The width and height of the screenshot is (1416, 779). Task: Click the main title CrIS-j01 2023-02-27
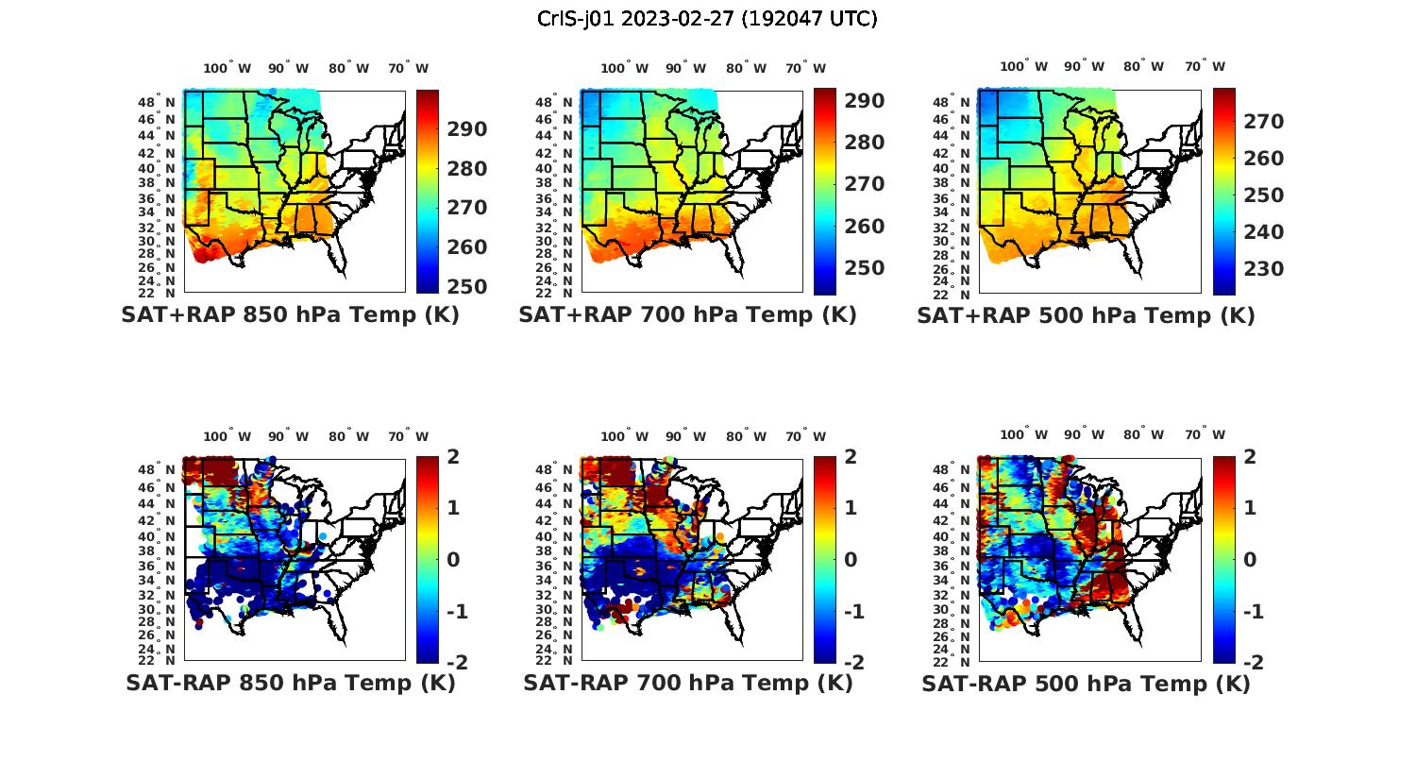coord(707,19)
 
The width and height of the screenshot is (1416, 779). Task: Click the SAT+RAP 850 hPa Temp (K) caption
coord(290,315)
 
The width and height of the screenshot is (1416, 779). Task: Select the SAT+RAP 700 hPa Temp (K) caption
coord(687,315)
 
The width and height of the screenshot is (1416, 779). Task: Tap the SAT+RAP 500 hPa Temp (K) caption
coord(1086,315)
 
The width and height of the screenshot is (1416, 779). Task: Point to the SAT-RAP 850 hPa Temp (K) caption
coord(290,683)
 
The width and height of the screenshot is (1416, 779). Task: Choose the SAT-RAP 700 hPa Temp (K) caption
coord(687,683)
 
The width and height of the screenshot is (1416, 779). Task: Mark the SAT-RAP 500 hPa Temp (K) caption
coord(1086,683)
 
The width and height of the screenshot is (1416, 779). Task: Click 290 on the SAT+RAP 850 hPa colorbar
coord(467,129)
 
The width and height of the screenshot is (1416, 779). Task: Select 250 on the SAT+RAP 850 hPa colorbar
coord(467,287)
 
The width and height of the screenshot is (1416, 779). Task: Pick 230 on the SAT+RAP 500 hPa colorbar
coord(1263,269)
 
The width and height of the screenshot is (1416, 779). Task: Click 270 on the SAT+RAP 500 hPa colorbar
coord(1263,122)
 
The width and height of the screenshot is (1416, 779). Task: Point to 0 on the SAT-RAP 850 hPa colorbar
coord(453,559)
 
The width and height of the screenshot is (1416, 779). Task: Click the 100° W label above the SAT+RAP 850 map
coord(228,68)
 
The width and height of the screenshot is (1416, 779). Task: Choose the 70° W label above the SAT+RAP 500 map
coord(1205,66)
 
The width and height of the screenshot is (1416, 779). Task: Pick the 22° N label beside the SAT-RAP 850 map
coord(157,660)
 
